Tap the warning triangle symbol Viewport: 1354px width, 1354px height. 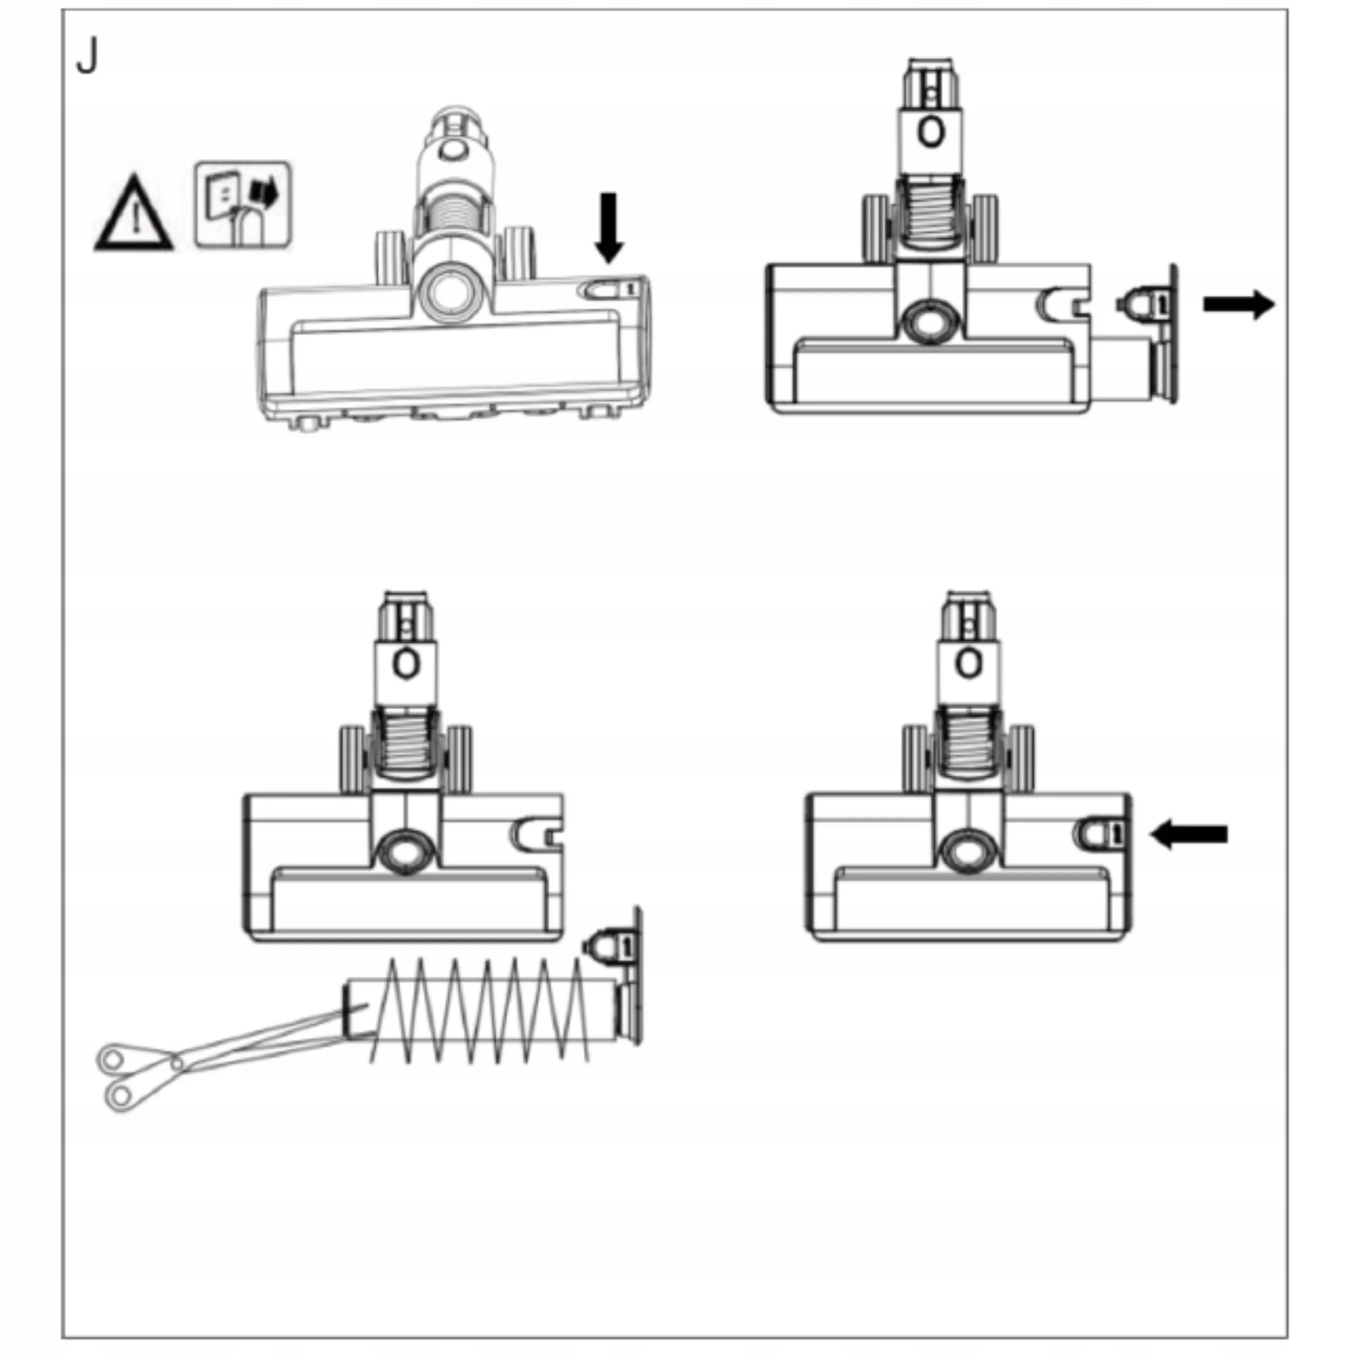pos(133,214)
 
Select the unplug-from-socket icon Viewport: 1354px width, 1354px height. pos(242,205)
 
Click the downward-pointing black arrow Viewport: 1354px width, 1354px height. pos(608,228)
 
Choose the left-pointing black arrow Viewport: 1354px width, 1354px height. pos(1188,834)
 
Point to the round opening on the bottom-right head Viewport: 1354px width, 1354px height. pos(968,851)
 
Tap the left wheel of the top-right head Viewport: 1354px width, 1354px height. pos(876,228)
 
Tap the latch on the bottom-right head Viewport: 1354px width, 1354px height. pos(1100,832)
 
